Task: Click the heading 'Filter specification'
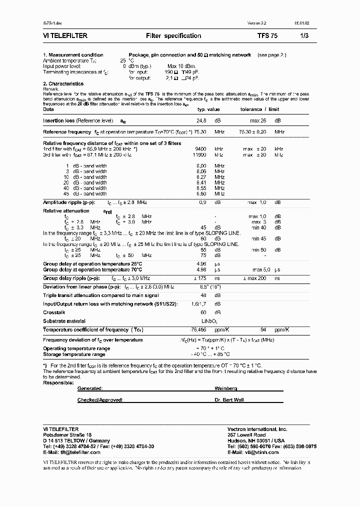[x=173, y=36]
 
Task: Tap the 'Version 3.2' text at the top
[x=257, y=23]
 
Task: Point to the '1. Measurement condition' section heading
[x=73, y=55]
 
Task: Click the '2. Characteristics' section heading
[x=63, y=84]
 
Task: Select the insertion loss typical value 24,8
[x=201, y=121]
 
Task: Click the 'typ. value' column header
[x=208, y=109]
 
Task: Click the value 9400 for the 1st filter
[x=200, y=149]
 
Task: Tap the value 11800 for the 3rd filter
[x=199, y=155]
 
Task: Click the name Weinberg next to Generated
[x=226, y=388]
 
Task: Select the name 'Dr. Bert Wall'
[x=229, y=400]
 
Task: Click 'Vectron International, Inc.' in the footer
[x=257, y=429]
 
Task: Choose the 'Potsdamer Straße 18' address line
[x=67, y=435]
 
